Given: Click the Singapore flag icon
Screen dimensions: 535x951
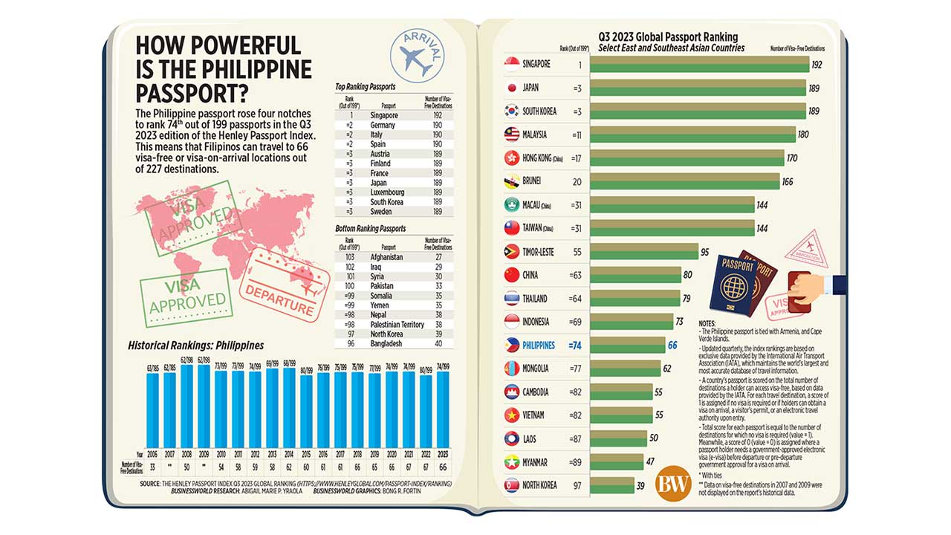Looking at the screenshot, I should point(511,65).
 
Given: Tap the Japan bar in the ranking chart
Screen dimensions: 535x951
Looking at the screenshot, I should point(698,88).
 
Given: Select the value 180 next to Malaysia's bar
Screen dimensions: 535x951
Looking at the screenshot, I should point(802,134).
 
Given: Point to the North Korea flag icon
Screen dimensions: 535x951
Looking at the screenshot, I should point(511,485).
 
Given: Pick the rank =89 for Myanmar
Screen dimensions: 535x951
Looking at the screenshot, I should point(576,462).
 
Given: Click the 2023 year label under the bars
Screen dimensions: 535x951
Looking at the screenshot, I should point(444,453).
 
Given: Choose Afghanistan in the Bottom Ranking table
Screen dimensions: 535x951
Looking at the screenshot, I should point(387,257).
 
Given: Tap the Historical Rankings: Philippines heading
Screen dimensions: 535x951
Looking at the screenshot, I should point(195,346).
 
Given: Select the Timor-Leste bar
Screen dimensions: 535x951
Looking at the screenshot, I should point(644,251).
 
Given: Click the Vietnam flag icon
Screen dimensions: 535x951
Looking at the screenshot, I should point(511,415).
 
